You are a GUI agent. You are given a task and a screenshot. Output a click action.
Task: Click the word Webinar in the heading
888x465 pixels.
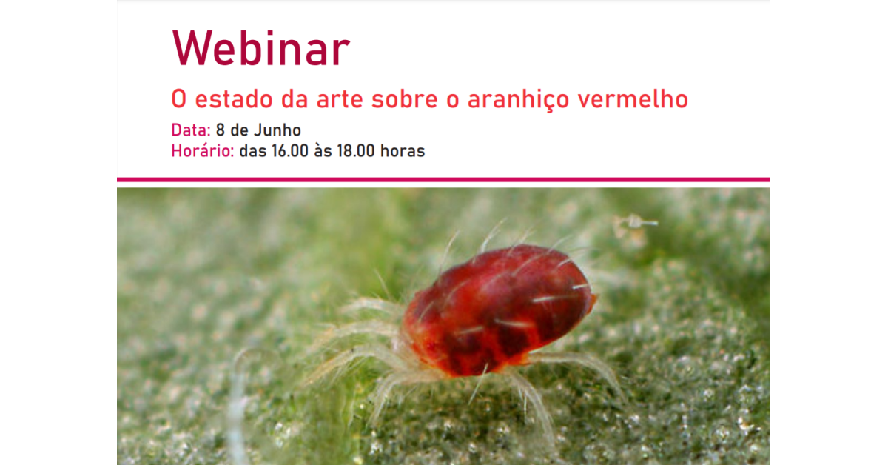[260, 48]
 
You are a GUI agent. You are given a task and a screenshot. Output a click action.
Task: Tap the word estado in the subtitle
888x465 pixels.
[234, 98]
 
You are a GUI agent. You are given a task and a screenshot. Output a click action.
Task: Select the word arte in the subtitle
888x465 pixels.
[340, 99]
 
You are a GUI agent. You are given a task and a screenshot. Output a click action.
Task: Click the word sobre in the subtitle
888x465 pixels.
[405, 98]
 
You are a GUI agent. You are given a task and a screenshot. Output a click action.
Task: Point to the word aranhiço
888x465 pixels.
[519, 100]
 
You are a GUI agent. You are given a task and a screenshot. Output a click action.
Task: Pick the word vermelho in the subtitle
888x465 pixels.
[633, 98]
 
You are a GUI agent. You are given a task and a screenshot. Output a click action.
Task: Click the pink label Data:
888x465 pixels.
[191, 130]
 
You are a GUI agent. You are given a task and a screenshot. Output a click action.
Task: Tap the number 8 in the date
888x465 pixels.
[221, 130]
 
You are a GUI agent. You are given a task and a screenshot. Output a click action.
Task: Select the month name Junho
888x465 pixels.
[277, 130]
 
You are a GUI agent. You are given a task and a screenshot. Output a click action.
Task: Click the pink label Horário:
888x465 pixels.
[203, 151]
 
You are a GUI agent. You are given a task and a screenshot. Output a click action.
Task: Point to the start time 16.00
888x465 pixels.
[290, 151]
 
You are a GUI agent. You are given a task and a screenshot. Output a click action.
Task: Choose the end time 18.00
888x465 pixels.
[356, 151]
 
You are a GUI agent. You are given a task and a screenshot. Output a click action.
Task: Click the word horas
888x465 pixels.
[403, 151]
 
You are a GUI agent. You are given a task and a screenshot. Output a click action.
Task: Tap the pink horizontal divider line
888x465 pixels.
[443, 180]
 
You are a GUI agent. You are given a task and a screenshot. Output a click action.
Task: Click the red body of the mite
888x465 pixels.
[499, 310]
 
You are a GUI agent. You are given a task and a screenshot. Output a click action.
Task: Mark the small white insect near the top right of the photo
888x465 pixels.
[636, 222]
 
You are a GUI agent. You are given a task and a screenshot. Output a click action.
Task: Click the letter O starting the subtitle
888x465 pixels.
[179, 99]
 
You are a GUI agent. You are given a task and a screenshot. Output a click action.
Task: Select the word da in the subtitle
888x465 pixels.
[295, 98]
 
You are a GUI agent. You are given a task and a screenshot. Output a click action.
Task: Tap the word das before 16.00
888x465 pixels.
[253, 151]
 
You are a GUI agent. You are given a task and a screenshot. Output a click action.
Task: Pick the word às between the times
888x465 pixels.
[323, 151]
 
